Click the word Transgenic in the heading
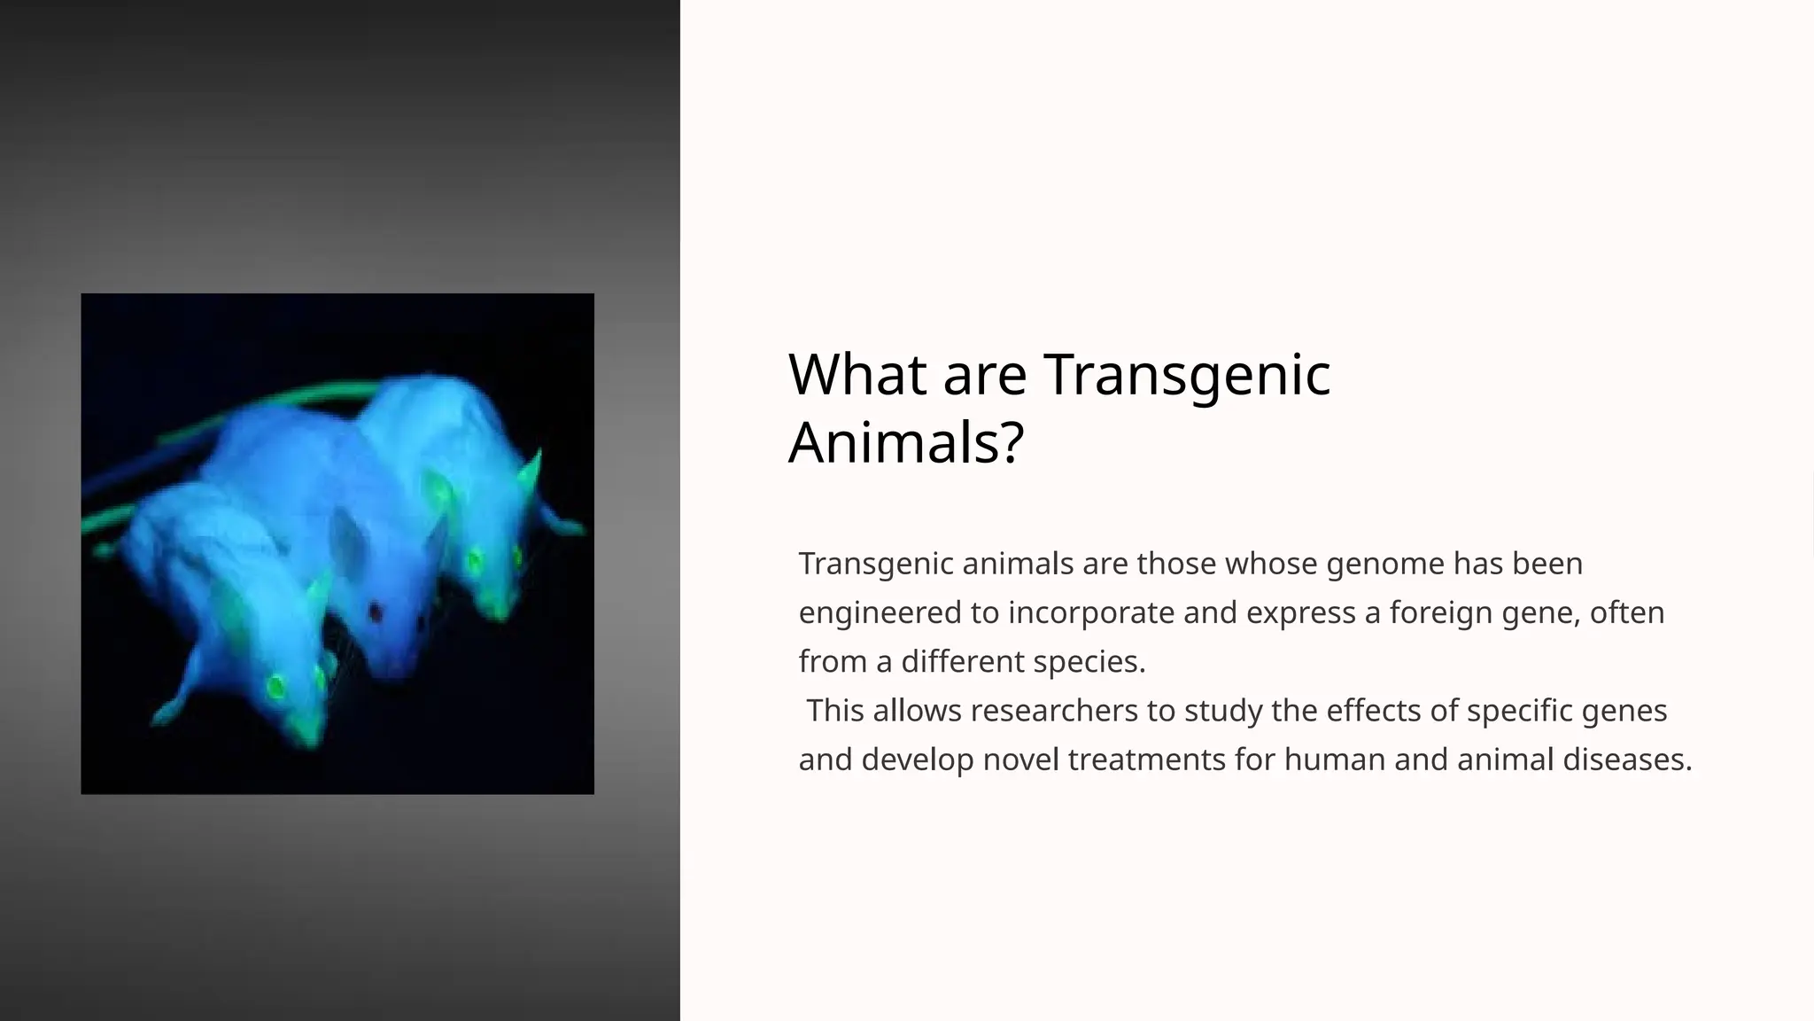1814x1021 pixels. coord(1187,375)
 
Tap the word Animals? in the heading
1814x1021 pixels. coord(905,442)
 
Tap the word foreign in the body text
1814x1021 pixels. coord(1440,613)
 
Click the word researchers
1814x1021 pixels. coord(1053,711)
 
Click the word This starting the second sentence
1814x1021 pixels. coord(834,711)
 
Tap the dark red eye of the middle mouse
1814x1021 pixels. coord(375,612)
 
